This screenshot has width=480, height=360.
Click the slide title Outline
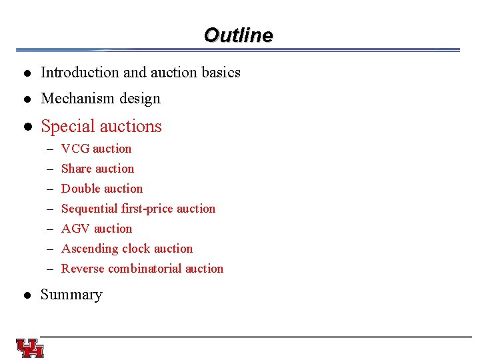(x=238, y=35)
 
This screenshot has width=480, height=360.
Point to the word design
(x=139, y=99)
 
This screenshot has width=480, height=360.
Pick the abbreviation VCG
(x=75, y=149)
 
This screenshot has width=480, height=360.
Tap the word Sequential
(x=89, y=209)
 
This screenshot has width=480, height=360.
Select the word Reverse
(x=83, y=269)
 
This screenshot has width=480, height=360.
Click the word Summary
(x=71, y=295)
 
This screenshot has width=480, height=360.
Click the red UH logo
(x=30, y=348)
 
